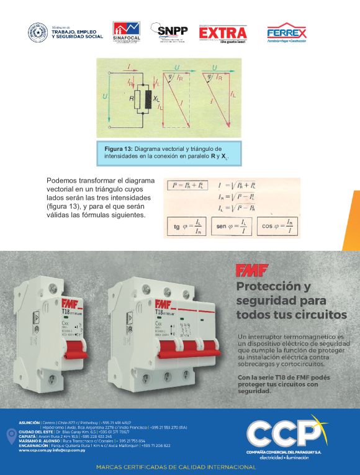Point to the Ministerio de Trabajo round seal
(x=38, y=33)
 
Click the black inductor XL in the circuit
(x=148, y=99)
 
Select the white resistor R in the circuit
(x=138, y=99)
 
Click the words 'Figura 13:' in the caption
(x=119, y=150)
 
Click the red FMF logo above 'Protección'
(x=246, y=269)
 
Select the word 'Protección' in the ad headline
(x=274, y=287)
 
